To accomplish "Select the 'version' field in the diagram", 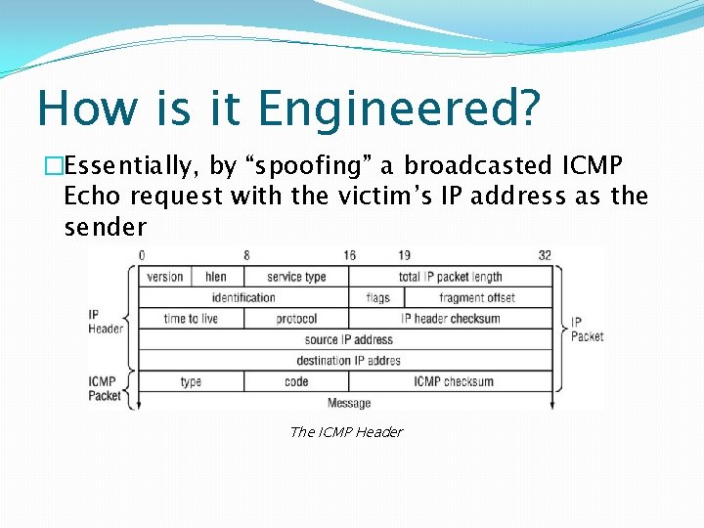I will tap(165, 277).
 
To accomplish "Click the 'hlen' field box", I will tap(216, 277).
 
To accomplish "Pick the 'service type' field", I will tap(296, 277).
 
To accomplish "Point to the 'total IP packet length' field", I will tap(451, 277).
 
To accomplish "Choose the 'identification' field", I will tap(243, 297).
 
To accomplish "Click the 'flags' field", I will tap(377, 297).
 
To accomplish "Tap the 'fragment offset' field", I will tap(477, 297).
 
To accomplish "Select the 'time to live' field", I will tap(191, 319).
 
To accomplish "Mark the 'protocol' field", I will tap(296, 319).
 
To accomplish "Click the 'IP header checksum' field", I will tap(451, 319).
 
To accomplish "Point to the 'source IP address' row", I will tap(348, 339).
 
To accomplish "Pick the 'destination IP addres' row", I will tap(348, 360).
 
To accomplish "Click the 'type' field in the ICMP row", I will tap(191, 381).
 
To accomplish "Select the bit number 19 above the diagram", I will tap(404, 255).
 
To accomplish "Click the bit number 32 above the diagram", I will tap(545, 255).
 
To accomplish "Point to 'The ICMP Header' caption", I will tap(346, 432).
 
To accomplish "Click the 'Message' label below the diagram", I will tap(349, 402).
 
